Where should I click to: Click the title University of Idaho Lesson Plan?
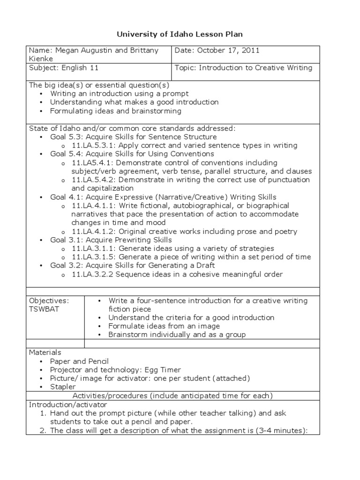click(x=180, y=34)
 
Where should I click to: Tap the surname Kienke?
click(x=41, y=59)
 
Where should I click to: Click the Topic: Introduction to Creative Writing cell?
click(x=243, y=68)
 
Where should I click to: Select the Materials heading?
click(x=45, y=352)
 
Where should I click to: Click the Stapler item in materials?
click(x=63, y=387)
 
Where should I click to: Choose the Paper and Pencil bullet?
click(x=79, y=361)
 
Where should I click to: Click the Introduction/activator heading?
click(x=68, y=405)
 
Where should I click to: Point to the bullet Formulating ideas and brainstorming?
click(x=115, y=111)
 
